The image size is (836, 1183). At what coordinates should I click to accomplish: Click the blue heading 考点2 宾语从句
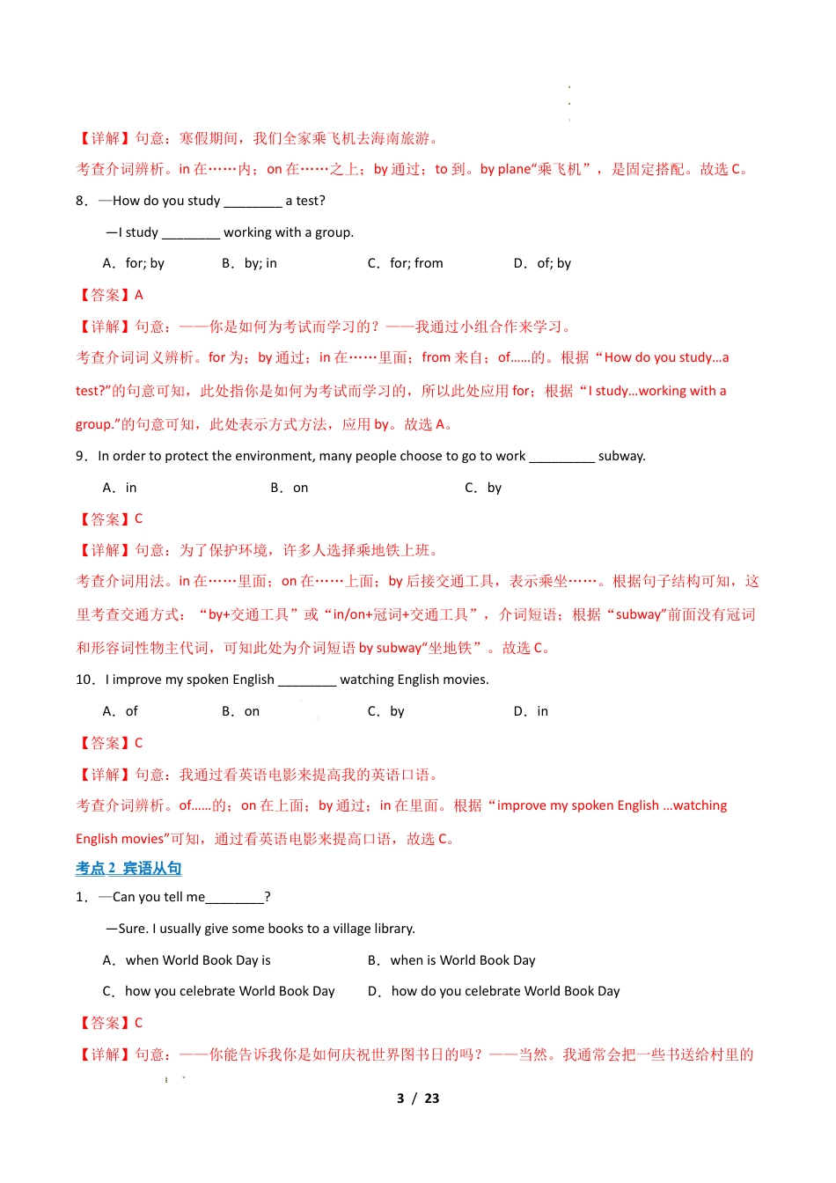pyautogui.click(x=128, y=869)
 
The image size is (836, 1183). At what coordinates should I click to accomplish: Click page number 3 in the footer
pyautogui.click(x=400, y=1098)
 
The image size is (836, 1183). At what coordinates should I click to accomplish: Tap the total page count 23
pyautogui.click(x=431, y=1098)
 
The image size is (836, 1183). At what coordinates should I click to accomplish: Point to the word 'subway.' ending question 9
pyautogui.click(x=622, y=456)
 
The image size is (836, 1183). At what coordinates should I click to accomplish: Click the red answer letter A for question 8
pyautogui.click(x=139, y=295)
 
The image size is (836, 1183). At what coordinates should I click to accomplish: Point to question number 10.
pyautogui.click(x=84, y=680)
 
